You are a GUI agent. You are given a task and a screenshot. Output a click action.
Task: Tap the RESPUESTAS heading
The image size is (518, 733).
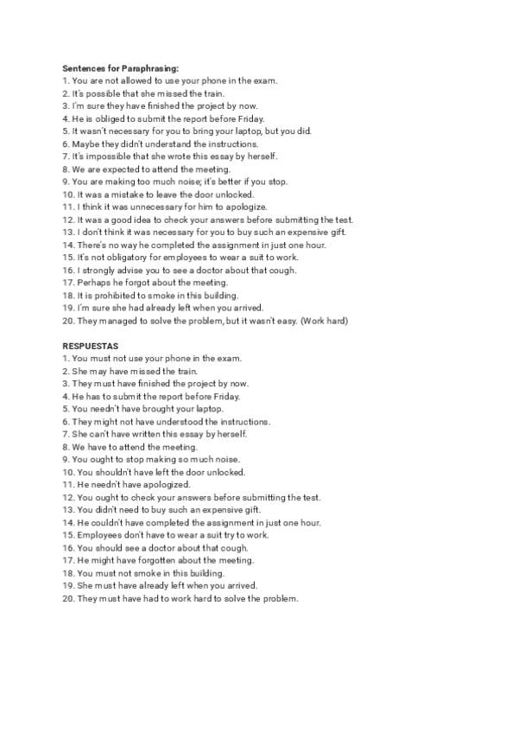point(91,346)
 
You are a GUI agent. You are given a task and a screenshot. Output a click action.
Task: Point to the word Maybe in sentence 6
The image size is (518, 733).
point(85,143)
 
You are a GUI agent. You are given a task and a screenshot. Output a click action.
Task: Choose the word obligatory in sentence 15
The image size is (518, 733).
point(122,258)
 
